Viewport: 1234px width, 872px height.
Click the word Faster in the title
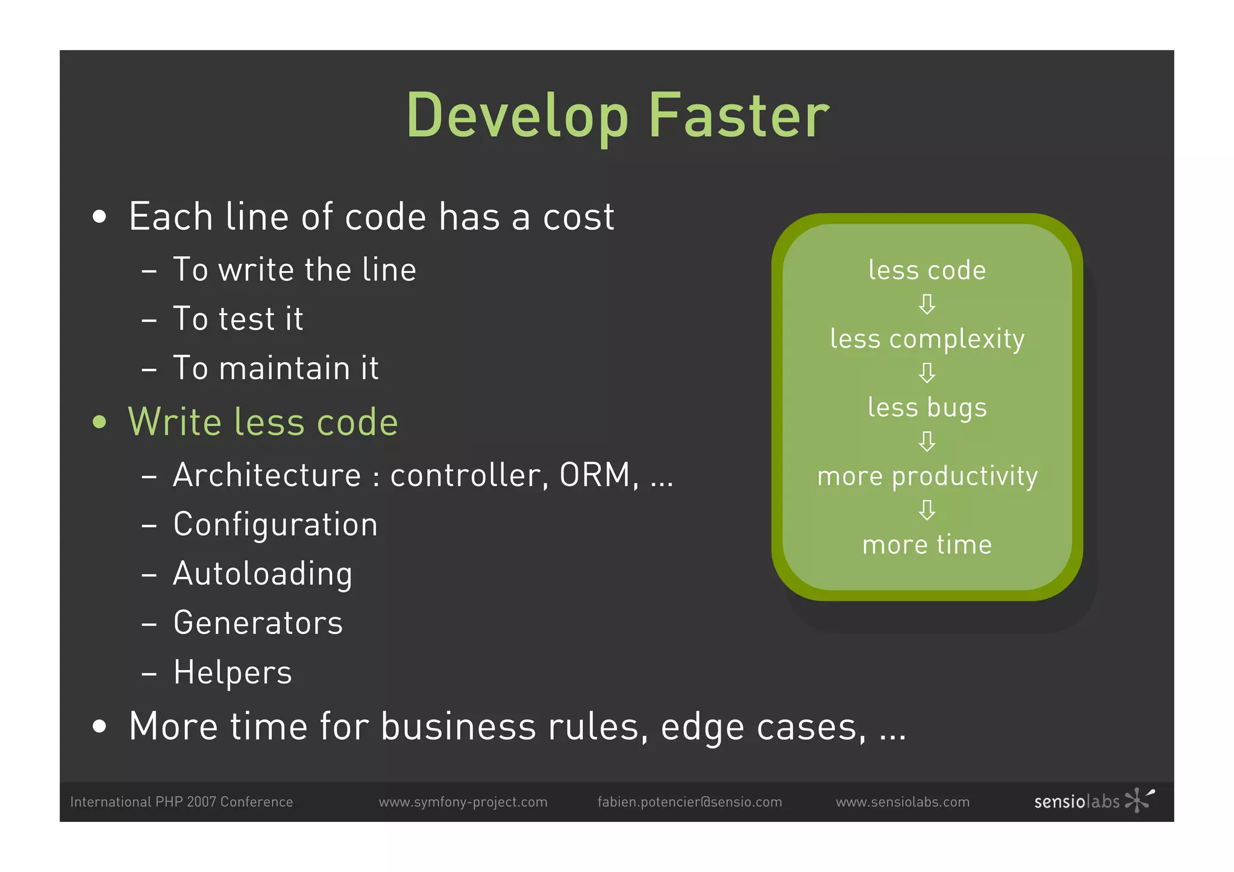(739, 116)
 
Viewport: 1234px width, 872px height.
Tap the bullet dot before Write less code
(100, 422)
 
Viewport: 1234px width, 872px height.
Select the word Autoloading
(263, 574)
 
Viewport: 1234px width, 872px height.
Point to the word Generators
(258, 623)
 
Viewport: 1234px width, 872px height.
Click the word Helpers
(233, 673)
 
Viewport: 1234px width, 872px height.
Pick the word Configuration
(275, 525)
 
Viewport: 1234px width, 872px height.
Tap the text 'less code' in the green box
(927, 270)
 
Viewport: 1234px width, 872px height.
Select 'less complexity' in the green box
(927, 339)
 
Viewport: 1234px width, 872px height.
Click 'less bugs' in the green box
(927, 408)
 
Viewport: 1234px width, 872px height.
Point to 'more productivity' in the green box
(927, 477)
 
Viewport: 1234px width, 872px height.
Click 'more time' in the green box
(927, 545)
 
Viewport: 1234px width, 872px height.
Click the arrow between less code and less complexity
(927, 304)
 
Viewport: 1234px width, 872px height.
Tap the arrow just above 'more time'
(927, 510)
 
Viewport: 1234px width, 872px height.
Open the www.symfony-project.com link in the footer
(463, 802)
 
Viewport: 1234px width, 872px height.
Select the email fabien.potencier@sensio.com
(689, 802)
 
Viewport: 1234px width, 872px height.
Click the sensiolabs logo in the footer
(1093, 801)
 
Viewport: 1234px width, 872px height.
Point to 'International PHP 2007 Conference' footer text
(181, 802)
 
